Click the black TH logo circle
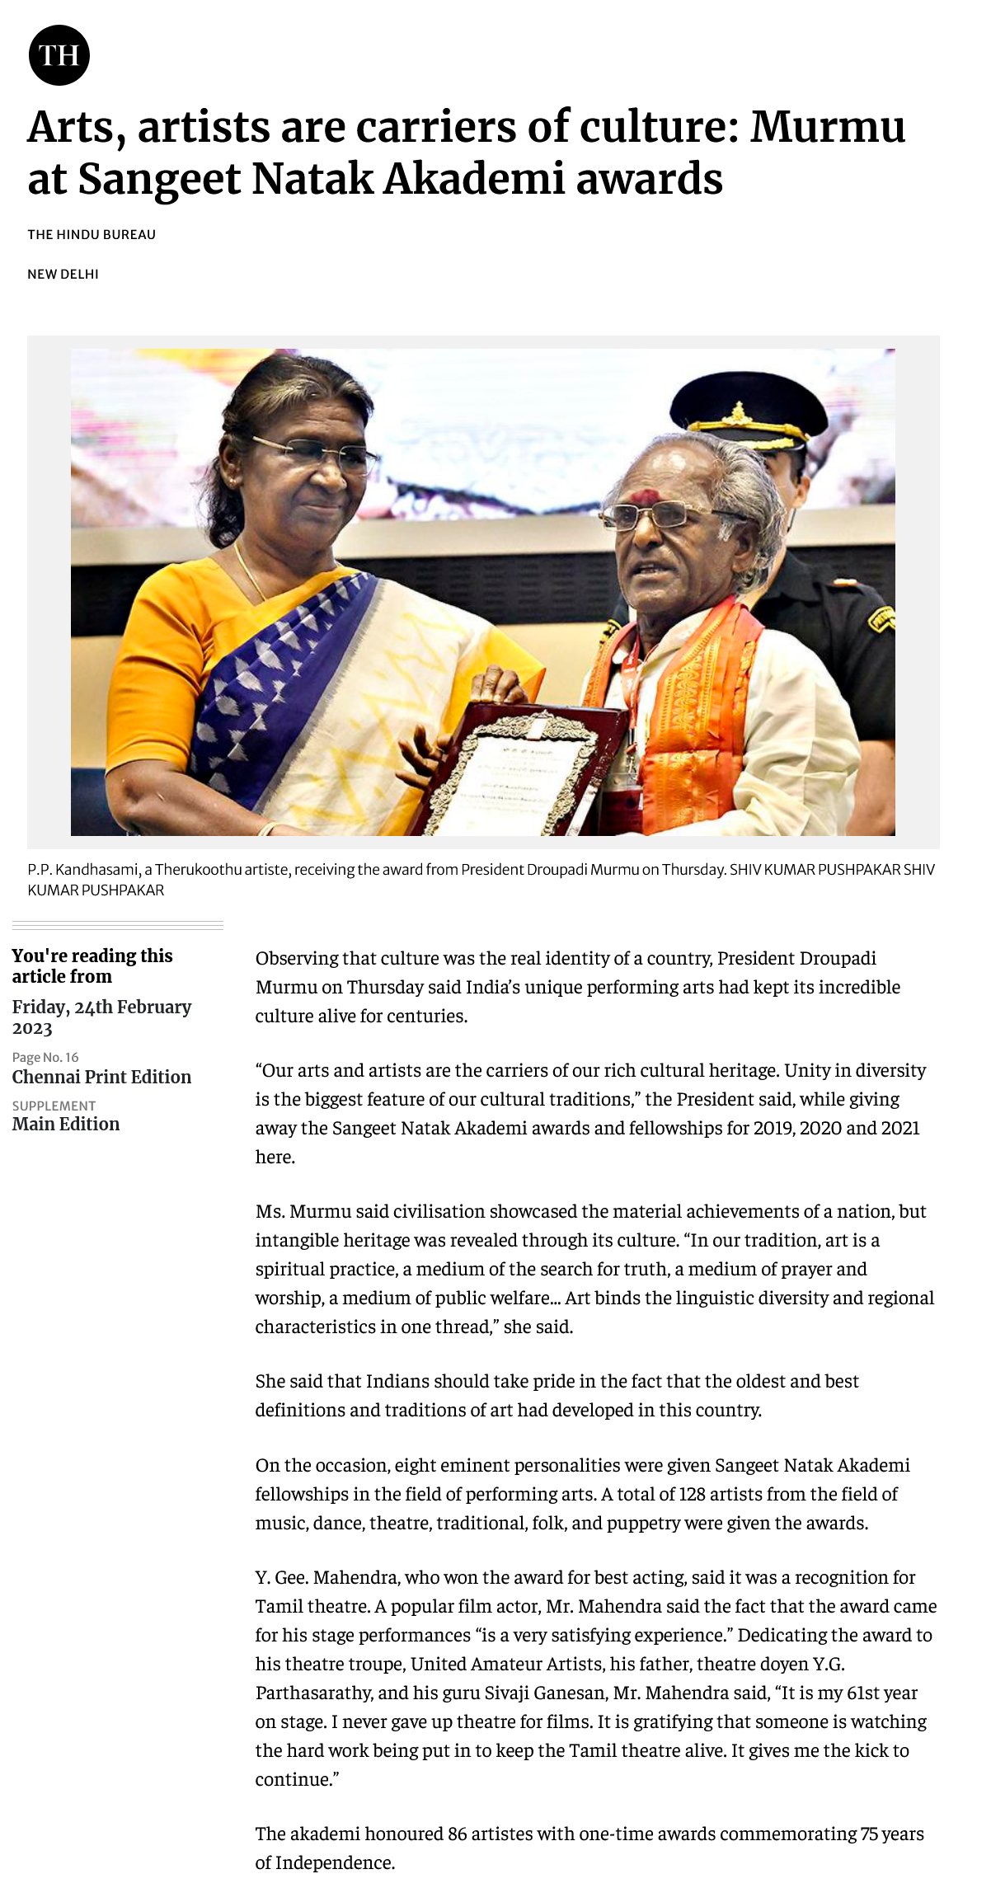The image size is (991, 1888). [x=59, y=55]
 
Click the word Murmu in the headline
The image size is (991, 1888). [x=827, y=128]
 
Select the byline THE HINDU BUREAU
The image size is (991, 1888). [x=92, y=234]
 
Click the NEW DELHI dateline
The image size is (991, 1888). [x=63, y=274]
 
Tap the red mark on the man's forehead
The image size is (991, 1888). [x=646, y=497]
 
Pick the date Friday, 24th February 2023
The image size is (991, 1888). [x=101, y=1017]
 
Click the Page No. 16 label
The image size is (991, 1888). [x=45, y=1057]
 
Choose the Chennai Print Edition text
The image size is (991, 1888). [x=101, y=1077]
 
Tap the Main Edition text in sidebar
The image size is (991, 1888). [x=66, y=1124]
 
